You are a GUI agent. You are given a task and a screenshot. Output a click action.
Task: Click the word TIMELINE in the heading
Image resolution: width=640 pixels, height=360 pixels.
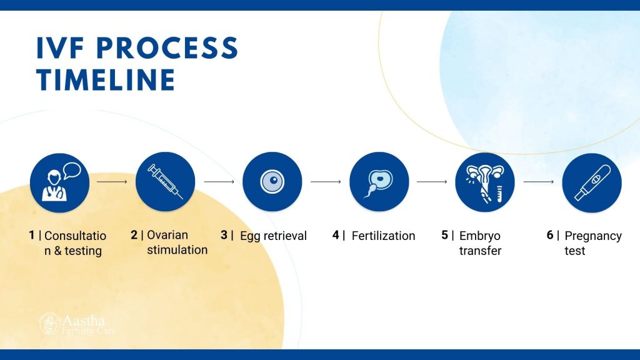(x=106, y=79)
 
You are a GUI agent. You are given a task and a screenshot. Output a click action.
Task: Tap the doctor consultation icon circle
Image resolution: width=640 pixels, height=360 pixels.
(x=59, y=183)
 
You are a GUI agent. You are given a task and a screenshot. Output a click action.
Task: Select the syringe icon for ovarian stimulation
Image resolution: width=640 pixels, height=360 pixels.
(x=165, y=182)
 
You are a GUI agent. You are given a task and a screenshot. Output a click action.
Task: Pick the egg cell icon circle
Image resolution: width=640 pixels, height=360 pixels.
(x=272, y=182)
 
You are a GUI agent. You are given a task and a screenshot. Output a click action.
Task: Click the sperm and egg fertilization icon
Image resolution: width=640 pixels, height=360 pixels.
(x=379, y=182)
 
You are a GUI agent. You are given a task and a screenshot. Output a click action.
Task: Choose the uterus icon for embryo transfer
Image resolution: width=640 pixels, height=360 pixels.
(x=485, y=182)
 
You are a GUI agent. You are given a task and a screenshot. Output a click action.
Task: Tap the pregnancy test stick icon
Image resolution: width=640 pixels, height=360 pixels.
(x=592, y=183)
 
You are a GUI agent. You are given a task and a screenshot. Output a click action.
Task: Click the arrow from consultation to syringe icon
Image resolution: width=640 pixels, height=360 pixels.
(x=112, y=182)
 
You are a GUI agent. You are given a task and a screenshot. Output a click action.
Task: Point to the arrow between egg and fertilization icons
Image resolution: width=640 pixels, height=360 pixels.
(x=326, y=182)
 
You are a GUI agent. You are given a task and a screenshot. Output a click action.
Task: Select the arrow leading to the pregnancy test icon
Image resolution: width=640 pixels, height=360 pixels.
(x=538, y=182)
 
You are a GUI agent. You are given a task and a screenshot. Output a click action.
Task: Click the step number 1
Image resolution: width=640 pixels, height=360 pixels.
(x=31, y=235)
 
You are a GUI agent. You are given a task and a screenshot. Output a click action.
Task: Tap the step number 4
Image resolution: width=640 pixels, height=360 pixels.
(x=336, y=235)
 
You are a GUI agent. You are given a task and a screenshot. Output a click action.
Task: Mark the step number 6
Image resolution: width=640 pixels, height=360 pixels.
(x=550, y=235)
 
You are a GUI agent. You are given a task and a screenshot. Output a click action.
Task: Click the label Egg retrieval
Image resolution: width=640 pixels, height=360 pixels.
(x=273, y=236)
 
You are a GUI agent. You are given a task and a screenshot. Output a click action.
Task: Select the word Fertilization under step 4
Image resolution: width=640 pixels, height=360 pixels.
(x=383, y=236)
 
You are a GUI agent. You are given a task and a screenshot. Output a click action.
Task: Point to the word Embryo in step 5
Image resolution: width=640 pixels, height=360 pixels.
(x=479, y=236)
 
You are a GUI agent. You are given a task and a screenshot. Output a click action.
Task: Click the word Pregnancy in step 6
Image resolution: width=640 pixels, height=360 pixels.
(x=593, y=236)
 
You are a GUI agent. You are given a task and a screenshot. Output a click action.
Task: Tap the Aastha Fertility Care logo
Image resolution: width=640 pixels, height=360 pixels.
(x=77, y=324)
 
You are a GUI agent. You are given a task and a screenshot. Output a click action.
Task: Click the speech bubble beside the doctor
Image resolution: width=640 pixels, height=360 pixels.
(x=72, y=171)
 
